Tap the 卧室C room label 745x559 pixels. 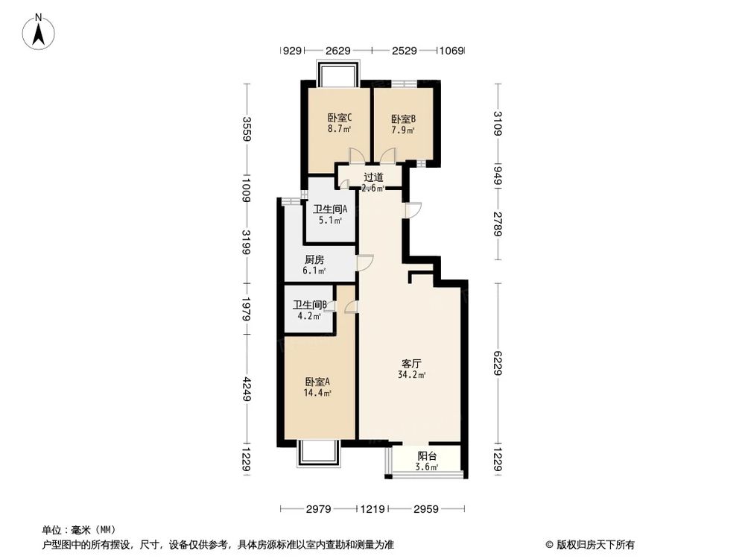339,118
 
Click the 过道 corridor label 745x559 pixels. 373,177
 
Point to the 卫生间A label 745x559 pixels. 330,209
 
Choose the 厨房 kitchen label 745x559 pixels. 314,260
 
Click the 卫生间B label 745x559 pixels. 310,305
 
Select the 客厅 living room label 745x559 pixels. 412,364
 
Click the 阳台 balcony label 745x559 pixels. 427,457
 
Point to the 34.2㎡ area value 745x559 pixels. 412,375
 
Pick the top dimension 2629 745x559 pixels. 337,51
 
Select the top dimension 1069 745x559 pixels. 451,51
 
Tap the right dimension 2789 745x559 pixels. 498,224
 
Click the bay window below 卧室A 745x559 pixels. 318,454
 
